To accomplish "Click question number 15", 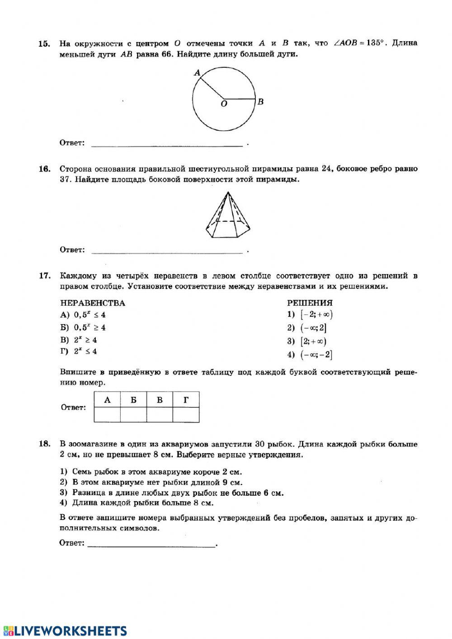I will click(x=44, y=44).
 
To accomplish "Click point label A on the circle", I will click(x=197, y=72).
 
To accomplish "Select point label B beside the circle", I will click(x=261, y=102).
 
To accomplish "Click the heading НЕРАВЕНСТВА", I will click(x=93, y=303).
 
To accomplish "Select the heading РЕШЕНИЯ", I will click(x=310, y=303).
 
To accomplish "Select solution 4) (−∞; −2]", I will click(x=310, y=355).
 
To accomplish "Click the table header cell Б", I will click(x=133, y=400).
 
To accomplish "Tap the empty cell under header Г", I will click(x=186, y=415).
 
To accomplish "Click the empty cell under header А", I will click(x=107, y=415).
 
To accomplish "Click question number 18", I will click(x=44, y=444).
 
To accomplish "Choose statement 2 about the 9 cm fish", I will click(x=151, y=483).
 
